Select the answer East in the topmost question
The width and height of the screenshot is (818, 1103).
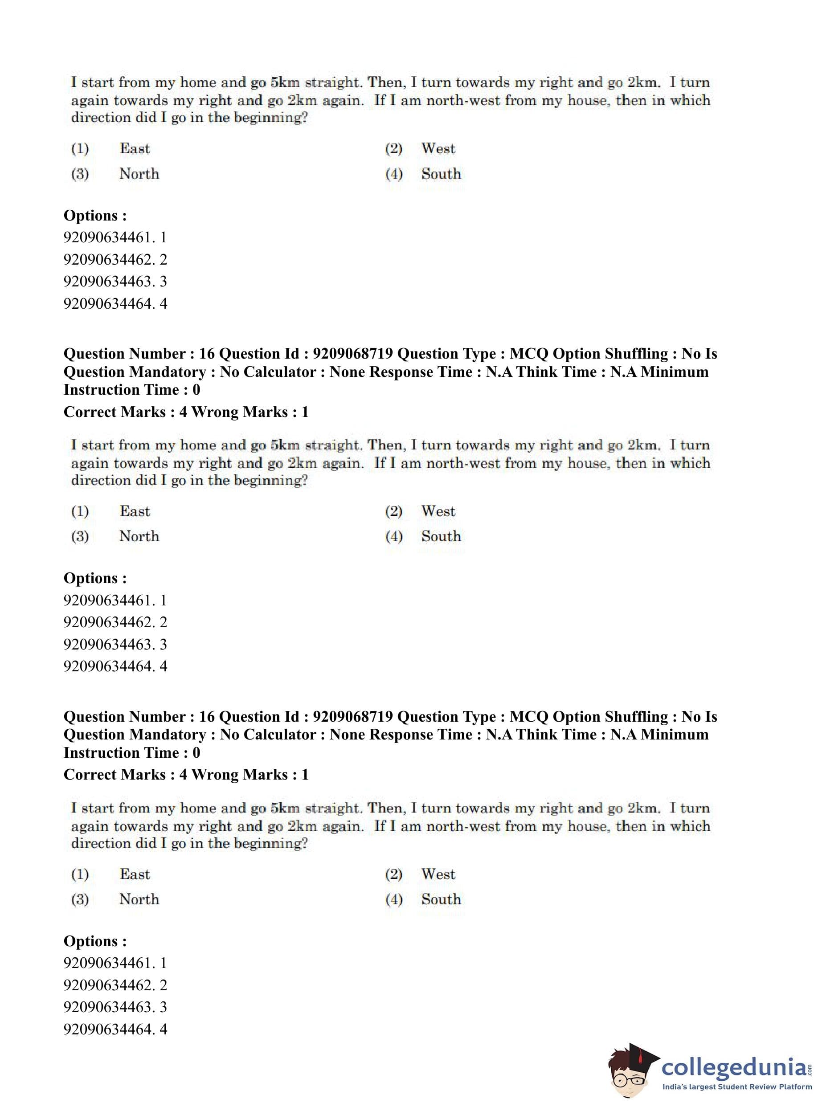(135, 148)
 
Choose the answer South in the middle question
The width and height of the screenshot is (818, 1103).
(441, 536)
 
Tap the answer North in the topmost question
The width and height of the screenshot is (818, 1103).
(139, 174)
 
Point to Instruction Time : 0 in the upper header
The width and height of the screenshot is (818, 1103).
(132, 390)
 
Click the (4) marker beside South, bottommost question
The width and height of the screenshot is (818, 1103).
(394, 899)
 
